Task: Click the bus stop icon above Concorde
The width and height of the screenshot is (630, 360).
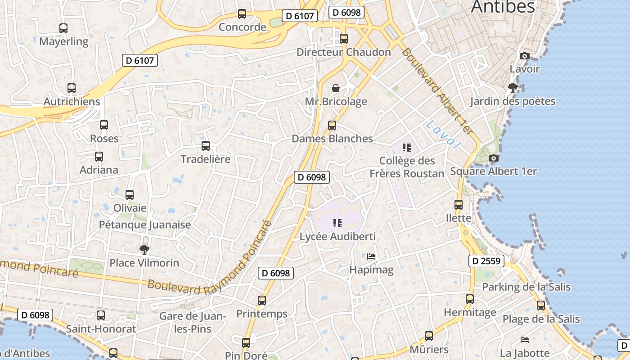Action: tap(242, 14)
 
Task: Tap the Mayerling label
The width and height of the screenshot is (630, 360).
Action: tap(64, 41)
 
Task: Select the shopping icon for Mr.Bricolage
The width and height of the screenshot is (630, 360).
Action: tap(336, 88)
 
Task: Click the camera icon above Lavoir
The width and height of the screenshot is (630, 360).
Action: tap(525, 56)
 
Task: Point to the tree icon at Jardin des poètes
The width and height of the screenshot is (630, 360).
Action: tap(513, 88)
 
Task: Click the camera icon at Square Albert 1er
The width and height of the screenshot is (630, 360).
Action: tap(494, 158)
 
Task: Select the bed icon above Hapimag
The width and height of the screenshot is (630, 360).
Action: tap(371, 256)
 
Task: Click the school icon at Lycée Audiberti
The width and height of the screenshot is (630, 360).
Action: tap(337, 223)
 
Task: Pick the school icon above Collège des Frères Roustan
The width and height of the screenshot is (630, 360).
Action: tap(407, 147)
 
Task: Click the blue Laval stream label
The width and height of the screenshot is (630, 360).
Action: tap(444, 135)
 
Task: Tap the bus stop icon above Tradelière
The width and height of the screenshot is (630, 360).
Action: tap(206, 146)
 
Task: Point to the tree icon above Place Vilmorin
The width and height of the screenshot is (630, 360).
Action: tap(144, 249)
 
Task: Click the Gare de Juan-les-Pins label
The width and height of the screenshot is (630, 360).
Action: tap(193, 322)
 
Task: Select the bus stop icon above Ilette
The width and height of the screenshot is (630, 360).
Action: tap(459, 205)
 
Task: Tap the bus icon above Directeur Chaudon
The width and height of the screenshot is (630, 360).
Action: tap(344, 39)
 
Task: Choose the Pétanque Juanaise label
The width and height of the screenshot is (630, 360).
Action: tap(145, 225)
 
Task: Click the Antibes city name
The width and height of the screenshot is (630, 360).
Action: tap(503, 7)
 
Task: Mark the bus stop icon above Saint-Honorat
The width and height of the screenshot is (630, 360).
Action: tap(101, 315)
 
